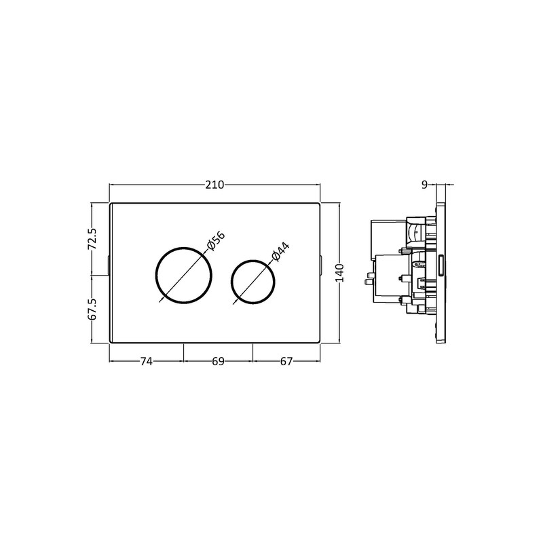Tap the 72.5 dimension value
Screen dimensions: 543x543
coord(94,238)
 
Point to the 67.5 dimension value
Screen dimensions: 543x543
coord(94,309)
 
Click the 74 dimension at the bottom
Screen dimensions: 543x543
coord(146,362)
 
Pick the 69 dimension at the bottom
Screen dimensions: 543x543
coord(218,362)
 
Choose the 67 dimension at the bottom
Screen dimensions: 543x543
coord(286,362)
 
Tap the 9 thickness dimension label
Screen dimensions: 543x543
coord(424,184)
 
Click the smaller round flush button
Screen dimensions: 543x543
coord(253,280)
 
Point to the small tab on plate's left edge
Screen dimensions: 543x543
coord(109,265)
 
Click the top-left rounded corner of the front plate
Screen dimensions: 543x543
coord(112,204)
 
